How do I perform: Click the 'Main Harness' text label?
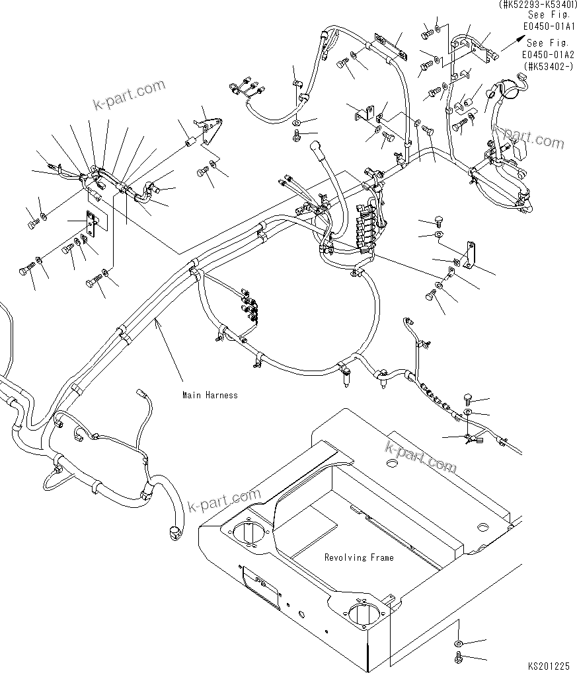coord(210,395)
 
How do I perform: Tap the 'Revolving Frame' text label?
coord(358,557)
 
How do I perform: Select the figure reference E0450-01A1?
coord(549,26)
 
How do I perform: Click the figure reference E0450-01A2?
coord(549,56)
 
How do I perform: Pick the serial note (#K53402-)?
coord(549,66)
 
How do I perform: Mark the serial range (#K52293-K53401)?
coord(536,5)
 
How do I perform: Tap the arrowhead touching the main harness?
coord(156,322)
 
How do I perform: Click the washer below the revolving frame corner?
coord(458,643)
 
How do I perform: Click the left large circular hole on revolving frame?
coord(249,531)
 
